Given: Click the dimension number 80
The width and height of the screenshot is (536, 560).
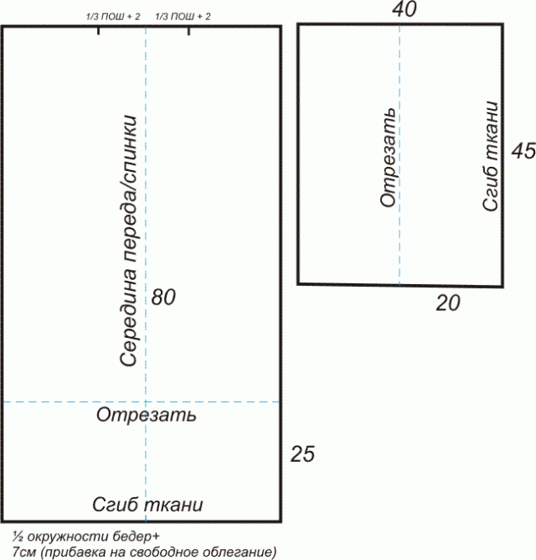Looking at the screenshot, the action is [x=163, y=297].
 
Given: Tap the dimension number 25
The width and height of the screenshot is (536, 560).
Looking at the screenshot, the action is [x=302, y=454].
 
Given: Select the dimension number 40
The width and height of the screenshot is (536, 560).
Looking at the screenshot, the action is [x=404, y=9].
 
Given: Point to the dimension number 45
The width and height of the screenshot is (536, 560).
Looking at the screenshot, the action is [x=523, y=151].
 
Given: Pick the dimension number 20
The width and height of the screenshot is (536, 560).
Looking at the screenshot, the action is [x=448, y=303].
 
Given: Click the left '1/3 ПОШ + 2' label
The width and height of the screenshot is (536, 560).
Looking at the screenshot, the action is [x=113, y=17].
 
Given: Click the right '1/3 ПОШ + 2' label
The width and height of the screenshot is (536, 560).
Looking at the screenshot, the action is [x=183, y=17].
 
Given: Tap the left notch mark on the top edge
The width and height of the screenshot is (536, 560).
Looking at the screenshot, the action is [x=99, y=31].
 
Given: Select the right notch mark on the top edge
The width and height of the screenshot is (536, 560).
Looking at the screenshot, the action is [x=188, y=31].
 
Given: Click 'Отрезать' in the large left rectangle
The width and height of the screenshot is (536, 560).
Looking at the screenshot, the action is [x=147, y=415].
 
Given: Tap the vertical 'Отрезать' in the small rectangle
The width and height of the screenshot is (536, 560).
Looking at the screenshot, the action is [x=388, y=158].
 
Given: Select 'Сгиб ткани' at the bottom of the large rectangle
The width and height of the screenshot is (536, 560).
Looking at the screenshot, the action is [x=147, y=505].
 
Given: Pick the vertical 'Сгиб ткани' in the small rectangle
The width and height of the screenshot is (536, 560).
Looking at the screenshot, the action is [x=490, y=156].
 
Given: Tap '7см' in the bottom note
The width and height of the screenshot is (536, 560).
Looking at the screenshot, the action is [x=24, y=552].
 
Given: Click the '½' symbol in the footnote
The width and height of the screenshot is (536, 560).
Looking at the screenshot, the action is [x=18, y=537].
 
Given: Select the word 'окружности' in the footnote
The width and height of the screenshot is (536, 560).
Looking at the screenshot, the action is [x=68, y=537].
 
